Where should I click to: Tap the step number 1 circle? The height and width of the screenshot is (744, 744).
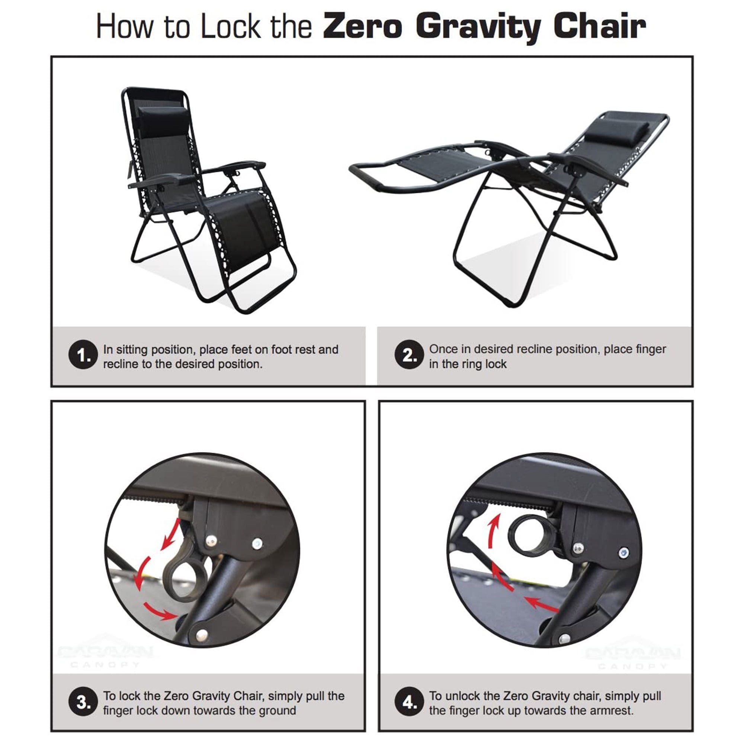83,355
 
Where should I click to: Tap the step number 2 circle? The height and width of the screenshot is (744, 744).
409,355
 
